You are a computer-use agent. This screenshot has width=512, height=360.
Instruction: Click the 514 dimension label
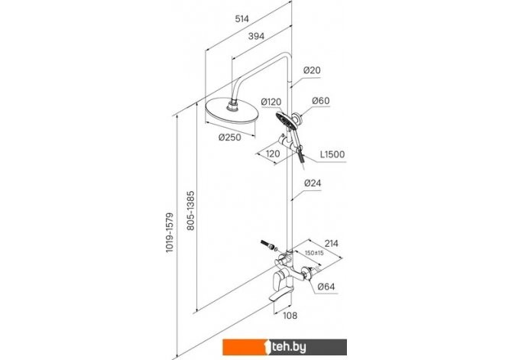[x=242, y=19]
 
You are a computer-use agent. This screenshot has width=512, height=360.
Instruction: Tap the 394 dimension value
[x=256, y=36]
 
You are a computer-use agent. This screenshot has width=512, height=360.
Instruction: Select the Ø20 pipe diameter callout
[x=312, y=70]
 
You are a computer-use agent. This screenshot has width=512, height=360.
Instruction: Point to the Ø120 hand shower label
[x=271, y=102]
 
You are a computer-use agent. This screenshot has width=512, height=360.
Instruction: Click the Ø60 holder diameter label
[x=321, y=101]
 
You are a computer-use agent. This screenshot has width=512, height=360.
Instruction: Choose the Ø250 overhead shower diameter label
[x=230, y=138]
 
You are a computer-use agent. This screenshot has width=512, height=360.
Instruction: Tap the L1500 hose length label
[x=332, y=154]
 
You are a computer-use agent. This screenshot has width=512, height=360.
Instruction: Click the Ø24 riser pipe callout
[x=313, y=183]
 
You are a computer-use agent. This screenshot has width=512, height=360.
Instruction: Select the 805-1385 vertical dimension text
[x=191, y=211]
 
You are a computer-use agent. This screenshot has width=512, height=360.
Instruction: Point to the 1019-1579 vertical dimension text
[x=170, y=232]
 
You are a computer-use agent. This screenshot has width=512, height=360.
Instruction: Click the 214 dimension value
[x=331, y=243]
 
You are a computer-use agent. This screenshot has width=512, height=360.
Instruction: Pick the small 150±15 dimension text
[x=314, y=253]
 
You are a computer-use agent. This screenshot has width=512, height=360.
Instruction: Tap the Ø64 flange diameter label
[x=326, y=287]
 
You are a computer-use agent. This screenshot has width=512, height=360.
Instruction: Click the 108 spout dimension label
[x=290, y=316]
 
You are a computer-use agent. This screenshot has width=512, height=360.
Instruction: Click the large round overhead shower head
[x=232, y=112]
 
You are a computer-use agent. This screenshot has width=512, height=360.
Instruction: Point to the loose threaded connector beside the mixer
[x=269, y=245]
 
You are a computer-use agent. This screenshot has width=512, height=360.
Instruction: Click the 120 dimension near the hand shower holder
[x=273, y=154]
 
